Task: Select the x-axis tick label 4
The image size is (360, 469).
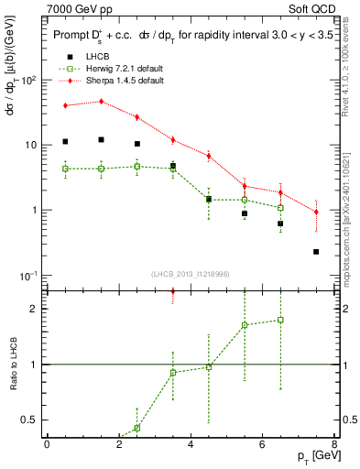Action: coord(191,443)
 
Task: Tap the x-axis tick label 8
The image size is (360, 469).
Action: coord(334,443)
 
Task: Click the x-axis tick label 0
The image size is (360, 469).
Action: coord(47,443)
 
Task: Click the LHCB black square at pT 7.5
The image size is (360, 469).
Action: coord(316,251)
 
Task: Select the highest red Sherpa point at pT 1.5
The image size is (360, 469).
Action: coord(101,101)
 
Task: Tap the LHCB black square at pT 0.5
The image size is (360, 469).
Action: coord(65,141)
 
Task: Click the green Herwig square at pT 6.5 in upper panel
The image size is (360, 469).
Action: coord(280,207)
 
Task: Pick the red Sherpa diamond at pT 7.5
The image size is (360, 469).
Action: coord(316,212)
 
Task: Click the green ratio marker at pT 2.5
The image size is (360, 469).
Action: coord(136,428)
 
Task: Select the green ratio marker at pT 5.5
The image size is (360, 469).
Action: coord(245,325)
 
